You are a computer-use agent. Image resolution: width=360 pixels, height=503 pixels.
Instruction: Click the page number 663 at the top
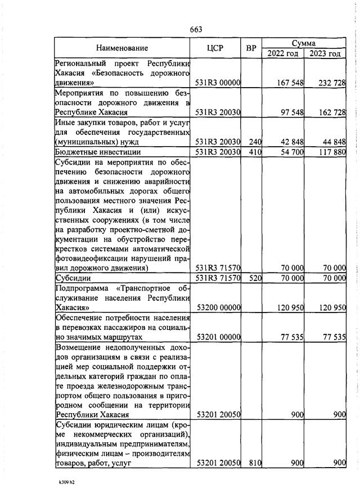(196, 29)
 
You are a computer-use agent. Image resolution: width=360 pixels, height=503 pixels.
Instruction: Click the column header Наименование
(122, 48)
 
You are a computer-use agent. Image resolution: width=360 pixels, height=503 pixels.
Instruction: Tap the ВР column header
(251, 48)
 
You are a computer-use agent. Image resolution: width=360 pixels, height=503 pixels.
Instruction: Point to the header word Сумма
(303, 43)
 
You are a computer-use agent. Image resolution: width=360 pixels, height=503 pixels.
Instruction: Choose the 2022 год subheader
(282, 54)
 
